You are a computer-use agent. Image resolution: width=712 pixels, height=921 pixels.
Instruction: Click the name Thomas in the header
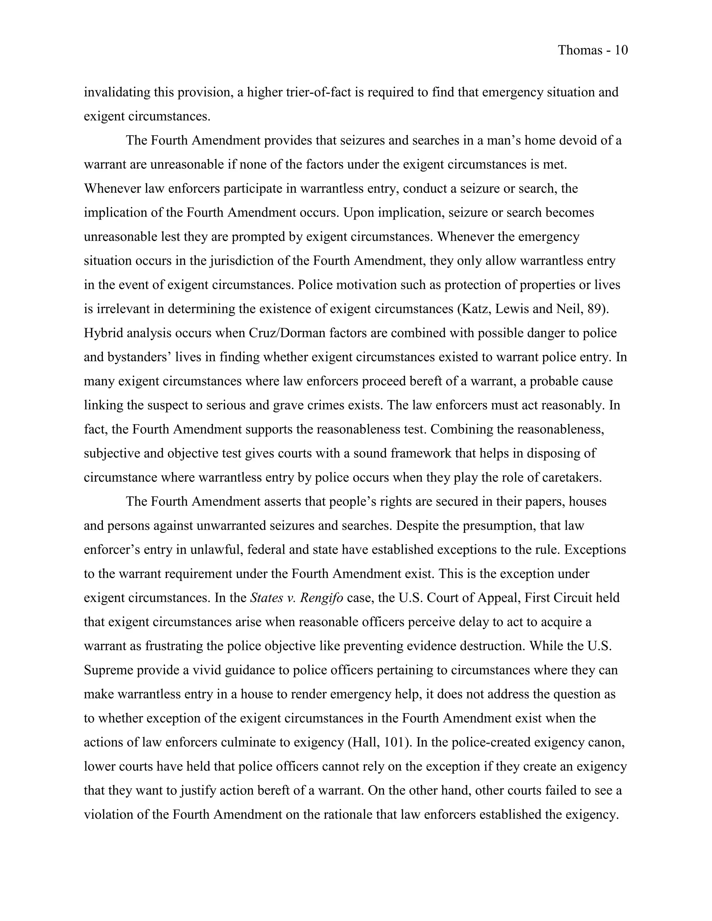click(x=580, y=50)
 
